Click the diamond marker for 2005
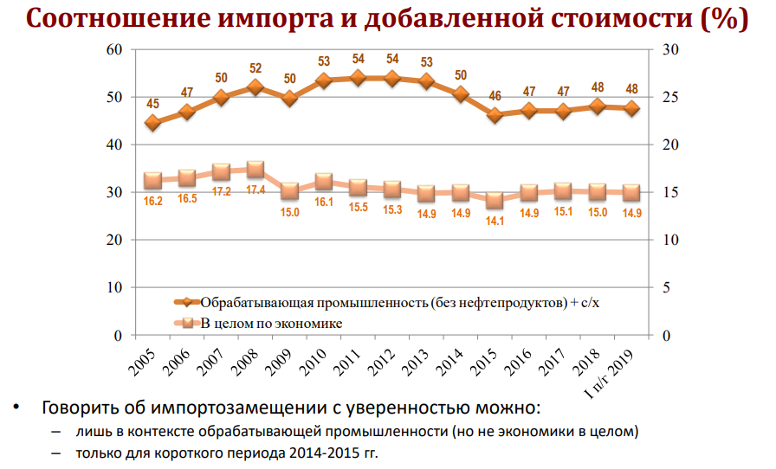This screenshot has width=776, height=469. pos(153,123)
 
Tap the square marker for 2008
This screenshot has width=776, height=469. pos(255,170)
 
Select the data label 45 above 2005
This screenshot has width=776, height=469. pos(153,104)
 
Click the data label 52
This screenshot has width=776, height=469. pos(255,68)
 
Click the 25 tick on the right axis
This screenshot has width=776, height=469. pos(669,98)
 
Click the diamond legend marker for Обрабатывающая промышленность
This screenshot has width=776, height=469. pos(186,303)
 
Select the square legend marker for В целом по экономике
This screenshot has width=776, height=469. pos(186,324)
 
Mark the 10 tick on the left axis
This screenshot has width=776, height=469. pos(114,287)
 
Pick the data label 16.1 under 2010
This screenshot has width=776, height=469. pos(325,202)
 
